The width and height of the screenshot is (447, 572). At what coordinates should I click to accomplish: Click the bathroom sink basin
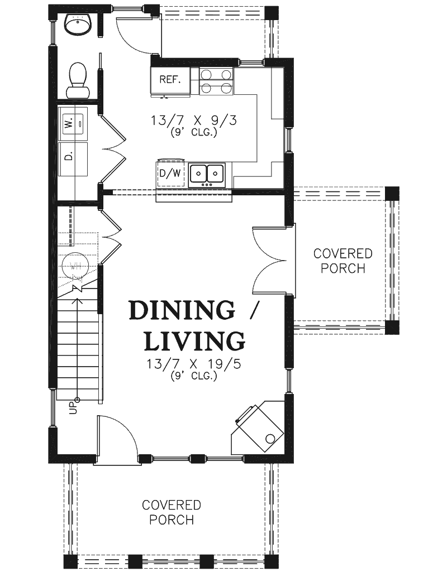point(78,25)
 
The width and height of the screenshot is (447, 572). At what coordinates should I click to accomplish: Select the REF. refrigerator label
point(170,80)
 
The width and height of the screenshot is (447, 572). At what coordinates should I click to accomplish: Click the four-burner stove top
point(216,80)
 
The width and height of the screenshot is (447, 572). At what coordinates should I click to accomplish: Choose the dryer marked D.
point(73,158)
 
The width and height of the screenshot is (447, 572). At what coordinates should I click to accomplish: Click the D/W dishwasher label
point(170,174)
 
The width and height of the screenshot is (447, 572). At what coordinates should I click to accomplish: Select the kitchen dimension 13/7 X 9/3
point(194,121)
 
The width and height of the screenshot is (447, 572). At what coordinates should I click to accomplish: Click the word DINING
point(182,310)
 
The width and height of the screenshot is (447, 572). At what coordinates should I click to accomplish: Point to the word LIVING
point(194,341)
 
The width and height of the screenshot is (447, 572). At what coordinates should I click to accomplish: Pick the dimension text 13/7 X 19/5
point(194,364)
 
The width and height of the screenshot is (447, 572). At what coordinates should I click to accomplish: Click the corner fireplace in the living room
point(259,427)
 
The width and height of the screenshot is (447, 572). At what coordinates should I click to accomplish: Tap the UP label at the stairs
point(73,408)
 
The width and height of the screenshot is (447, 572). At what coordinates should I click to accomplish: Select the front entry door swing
point(116,440)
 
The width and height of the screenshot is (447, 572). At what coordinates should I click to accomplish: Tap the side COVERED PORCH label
point(343,261)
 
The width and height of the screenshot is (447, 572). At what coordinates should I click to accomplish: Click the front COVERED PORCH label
point(172,512)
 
